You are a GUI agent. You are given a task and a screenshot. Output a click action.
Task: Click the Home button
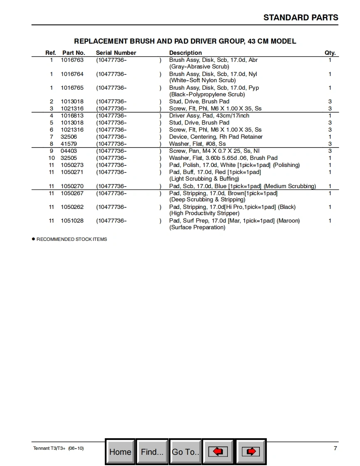tap(120, 451)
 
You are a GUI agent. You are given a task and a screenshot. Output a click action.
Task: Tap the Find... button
tap(152, 451)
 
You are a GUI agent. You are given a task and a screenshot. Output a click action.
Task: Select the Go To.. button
tap(185, 451)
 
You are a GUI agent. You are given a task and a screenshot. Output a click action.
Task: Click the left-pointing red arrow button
tap(218, 451)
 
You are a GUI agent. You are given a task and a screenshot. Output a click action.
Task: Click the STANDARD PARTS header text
tap(301, 17)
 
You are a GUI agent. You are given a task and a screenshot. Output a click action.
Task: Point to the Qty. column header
tap(330, 53)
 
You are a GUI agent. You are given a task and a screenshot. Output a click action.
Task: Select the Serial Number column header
tap(116, 53)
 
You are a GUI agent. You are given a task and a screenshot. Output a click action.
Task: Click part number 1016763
tap(72, 60)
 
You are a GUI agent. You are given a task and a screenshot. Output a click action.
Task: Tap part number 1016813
tap(72, 115)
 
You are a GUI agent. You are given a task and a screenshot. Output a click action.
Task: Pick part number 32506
tap(69, 137)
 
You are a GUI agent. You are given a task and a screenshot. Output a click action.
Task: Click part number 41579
tap(69, 144)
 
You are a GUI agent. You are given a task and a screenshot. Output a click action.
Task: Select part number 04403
tap(69, 151)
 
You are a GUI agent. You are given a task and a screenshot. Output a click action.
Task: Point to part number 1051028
tap(72, 221)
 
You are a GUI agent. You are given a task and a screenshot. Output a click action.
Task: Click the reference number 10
tap(52, 158)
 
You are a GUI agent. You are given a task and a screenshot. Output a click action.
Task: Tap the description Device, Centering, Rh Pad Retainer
tap(216, 137)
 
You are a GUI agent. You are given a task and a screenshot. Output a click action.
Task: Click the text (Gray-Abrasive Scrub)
tap(199, 66)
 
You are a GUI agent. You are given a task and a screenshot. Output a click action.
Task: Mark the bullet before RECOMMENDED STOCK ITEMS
tap(34, 239)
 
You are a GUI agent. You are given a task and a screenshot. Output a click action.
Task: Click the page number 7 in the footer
tap(335, 448)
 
